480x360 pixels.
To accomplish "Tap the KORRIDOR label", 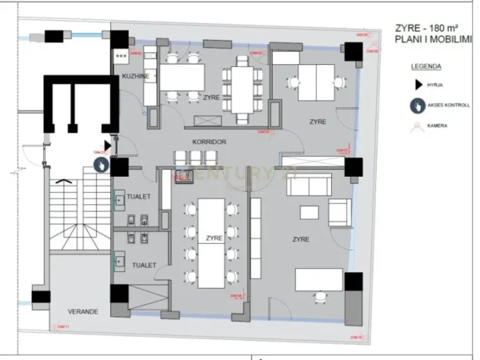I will (210, 142).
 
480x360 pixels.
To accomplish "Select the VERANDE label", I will (82, 310).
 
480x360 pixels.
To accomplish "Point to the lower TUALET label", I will (144, 264).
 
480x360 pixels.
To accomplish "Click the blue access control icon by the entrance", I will (102, 164).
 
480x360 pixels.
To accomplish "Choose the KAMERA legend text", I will (437, 126).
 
